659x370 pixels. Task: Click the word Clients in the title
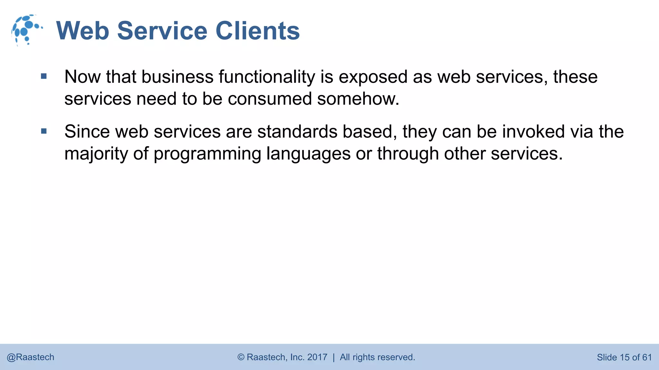(x=257, y=31)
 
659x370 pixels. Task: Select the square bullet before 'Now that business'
(x=44, y=76)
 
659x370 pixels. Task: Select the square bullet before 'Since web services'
(x=44, y=131)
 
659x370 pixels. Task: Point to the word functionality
(x=267, y=77)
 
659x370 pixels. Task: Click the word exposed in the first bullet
(x=373, y=77)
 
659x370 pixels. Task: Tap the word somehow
(x=358, y=99)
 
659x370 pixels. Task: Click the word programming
(x=207, y=154)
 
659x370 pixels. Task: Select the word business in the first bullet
(x=177, y=77)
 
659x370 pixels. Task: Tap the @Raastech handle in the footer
(x=31, y=357)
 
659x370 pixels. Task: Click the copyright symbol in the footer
(x=241, y=357)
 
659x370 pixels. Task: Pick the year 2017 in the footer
(x=317, y=357)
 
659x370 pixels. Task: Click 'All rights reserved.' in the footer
(x=377, y=357)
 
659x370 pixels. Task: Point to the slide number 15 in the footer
(x=624, y=357)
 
